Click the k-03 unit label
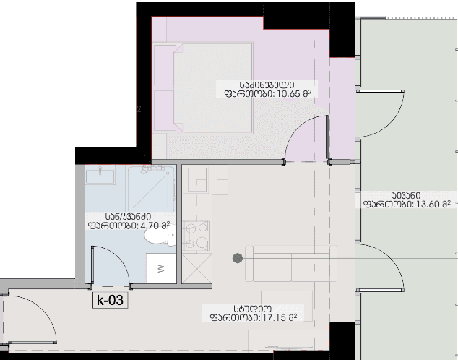tap(110, 300)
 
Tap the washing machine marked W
tap(161, 268)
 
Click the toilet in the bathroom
tap(160, 236)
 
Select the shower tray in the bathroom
tap(151, 189)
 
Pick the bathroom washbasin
tap(100, 175)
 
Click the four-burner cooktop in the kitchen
tap(196, 236)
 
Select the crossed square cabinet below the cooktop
tap(197, 268)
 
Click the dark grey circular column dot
tap(238, 258)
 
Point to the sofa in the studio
tap(291, 264)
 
